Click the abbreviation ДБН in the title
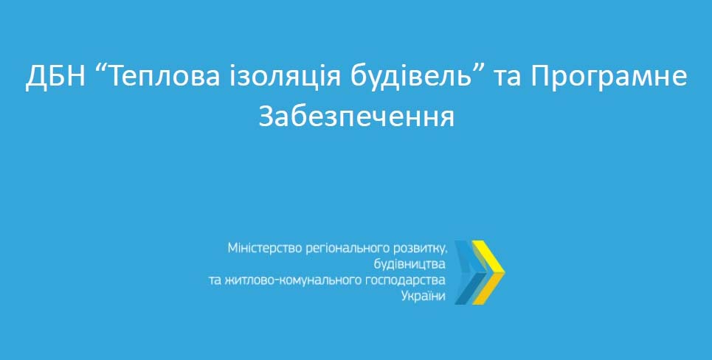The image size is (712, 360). (x=55, y=76)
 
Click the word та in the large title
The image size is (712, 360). (x=510, y=77)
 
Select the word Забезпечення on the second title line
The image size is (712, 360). (x=356, y=117)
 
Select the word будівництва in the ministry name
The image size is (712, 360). (x=410, y=264)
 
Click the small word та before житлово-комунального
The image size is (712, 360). (x=215, y=280)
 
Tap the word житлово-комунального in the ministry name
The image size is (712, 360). (x=294, y=280)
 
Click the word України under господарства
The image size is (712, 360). (x=424, y=296)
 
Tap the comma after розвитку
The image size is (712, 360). (x=446, y=252)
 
